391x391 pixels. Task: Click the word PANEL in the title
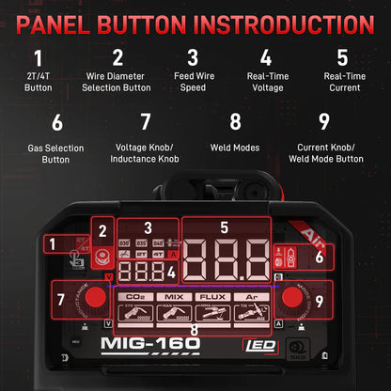pyautogui.click(x=76, y=23)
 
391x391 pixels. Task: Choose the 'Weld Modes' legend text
pyautogui.click(x=236, y=147)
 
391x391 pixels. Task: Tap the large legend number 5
pyautogui.click(x=341, y=56)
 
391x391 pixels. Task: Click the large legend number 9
pyautogui.click(x=324, y=120)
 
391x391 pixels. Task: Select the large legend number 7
pyautogui.click(x=145, y=120)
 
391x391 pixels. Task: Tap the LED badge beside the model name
pyautogui.click(x=253, y=345)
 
